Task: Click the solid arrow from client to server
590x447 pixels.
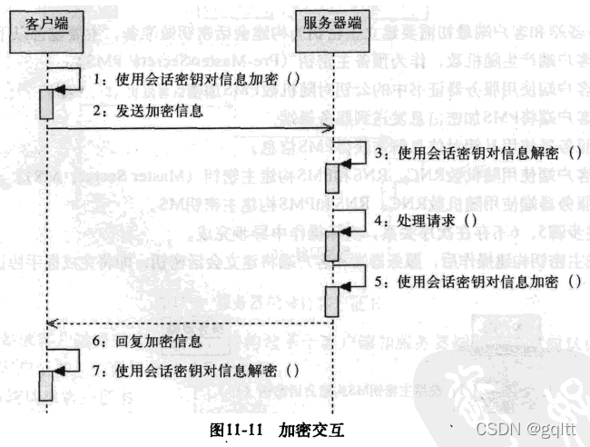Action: (x=191, y=129)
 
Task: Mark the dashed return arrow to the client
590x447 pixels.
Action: (x=191, y=322)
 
